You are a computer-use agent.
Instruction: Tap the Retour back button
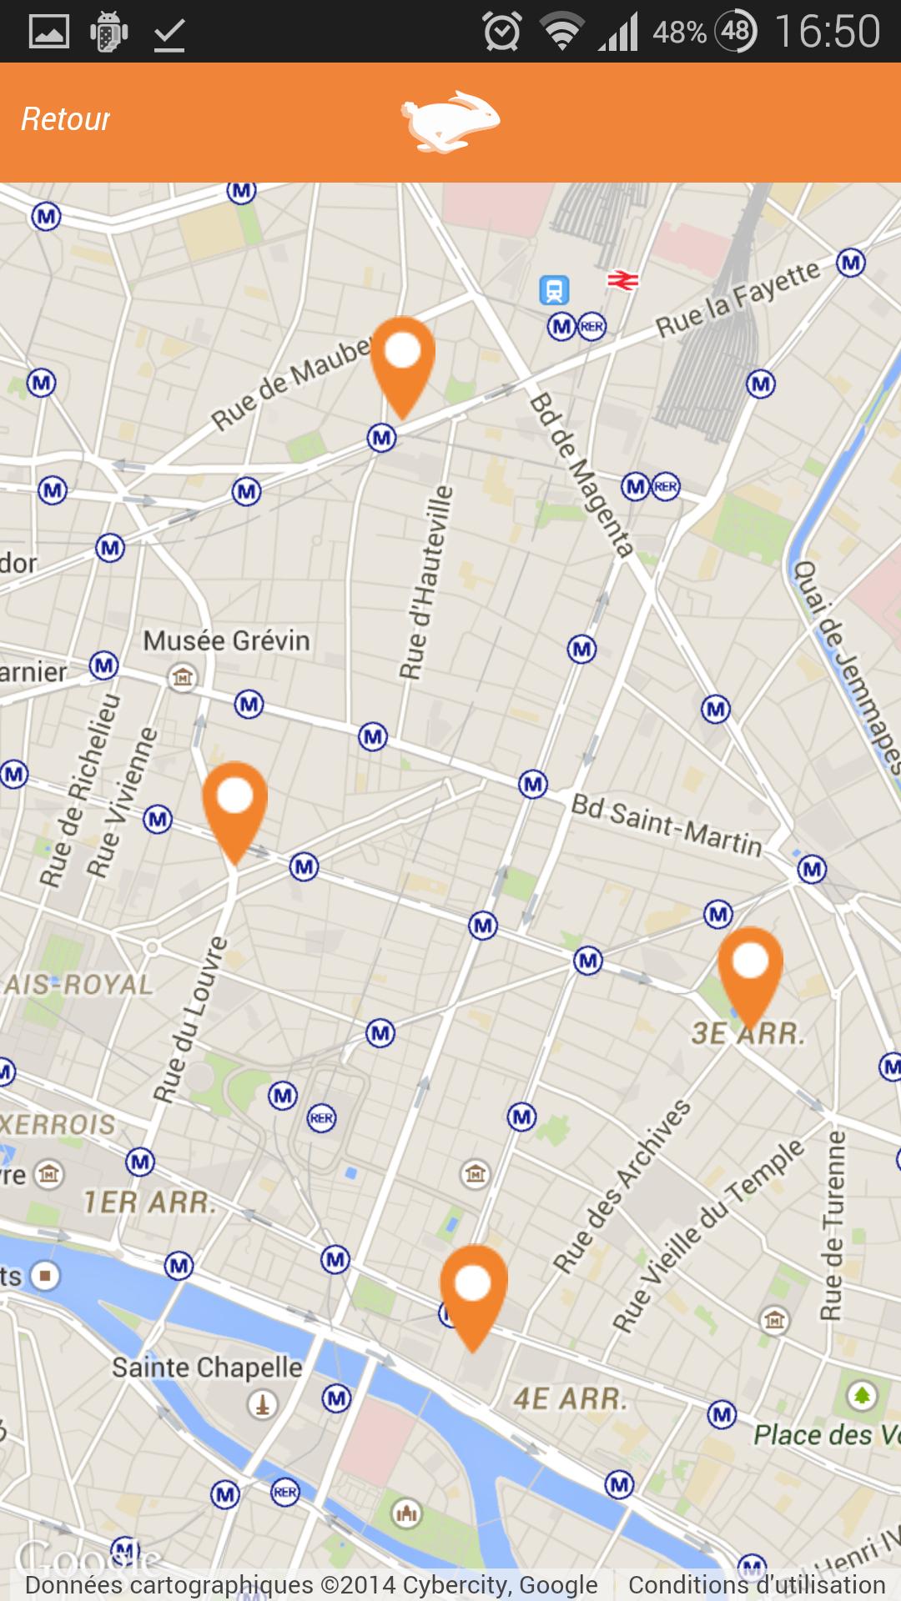click(65, 119)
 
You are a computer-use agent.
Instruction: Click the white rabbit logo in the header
click(450, 122)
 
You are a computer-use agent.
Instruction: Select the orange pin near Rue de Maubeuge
click(403, 359)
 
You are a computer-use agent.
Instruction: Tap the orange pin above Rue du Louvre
click(234, 803)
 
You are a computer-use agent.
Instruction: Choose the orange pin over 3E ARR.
click(750, 968)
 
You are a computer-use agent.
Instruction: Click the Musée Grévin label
click(226, 641)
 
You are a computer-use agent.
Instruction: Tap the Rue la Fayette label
click(738, 299)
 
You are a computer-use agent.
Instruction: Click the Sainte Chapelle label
click(207, 1368)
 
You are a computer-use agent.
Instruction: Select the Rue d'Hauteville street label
click(425, 583)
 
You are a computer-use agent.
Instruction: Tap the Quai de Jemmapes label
click(844, 667)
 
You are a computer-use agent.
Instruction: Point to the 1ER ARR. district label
click(149, 1202)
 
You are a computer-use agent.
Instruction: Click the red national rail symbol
click(622, 281)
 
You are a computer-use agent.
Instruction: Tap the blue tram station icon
click(554, 290)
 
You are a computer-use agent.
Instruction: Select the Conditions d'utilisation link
click(757, 1584)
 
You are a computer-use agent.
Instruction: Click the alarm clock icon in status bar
click(502, 33)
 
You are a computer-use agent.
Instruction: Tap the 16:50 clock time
click(827, 33)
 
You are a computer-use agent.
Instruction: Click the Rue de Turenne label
click(832, 1226)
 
